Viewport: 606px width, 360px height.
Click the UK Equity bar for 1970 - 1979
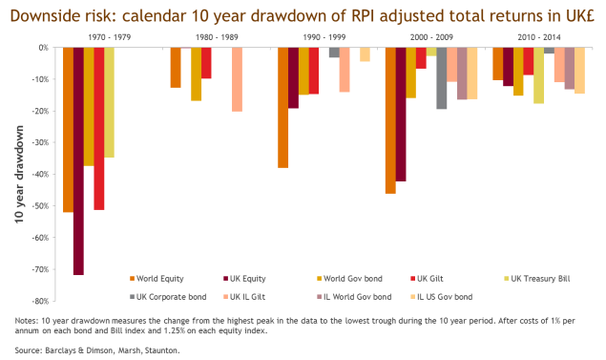click(x=78, y=161)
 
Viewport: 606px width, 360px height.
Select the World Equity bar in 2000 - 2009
click(x=390, y=120)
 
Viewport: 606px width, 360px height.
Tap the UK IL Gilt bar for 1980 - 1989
click(x=237, y=79)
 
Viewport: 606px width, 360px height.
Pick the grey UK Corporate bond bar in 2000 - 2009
click(x=441, y=78)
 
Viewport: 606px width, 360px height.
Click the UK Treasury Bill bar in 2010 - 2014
click(x=539, y=75)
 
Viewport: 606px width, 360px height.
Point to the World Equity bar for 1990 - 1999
click(x=282, y=108)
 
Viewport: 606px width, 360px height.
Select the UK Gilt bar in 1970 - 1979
click(x=99, y=129)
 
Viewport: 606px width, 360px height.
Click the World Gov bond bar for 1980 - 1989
click(x=196, y=74)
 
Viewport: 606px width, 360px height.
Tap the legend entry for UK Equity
click(x=244, y=279)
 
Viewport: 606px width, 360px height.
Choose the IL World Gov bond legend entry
click(x=353, y=297)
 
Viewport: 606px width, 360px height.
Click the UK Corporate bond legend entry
click(x=168, y=297)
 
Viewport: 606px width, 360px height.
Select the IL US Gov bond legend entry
click(x=441, y=297)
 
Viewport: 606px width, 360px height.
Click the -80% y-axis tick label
click(x=41, y=301)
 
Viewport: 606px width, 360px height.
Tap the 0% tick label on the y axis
click(x=44, y=48)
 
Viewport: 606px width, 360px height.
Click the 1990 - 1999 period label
click(x=324, y=37)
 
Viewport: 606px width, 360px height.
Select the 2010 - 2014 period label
click(x=539, y=37)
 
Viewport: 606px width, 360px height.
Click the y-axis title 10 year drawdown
click(x=19, y=175)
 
